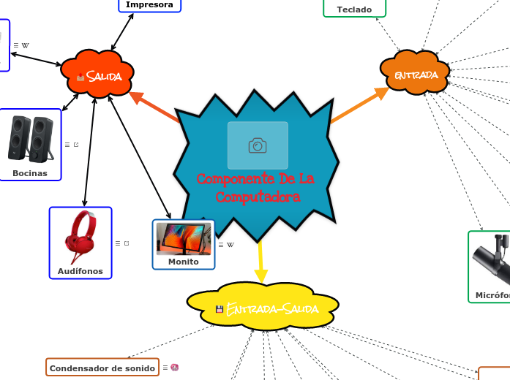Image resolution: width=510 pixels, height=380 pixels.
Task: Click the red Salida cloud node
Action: point(97,75)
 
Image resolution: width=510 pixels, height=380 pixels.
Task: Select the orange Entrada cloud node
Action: point(415,75)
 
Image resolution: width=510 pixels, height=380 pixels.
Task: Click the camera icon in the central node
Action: point(258,145)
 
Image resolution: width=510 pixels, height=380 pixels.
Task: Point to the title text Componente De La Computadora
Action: point(256,188)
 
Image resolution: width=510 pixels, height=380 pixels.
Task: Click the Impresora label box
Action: point(149,5)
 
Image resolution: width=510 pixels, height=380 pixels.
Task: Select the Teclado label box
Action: point(354,9)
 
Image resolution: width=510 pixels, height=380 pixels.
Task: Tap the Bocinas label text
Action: point(30,173)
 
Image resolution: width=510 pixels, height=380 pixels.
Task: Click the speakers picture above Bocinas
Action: point(30,139)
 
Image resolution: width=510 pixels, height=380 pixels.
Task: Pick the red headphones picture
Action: point(80,237)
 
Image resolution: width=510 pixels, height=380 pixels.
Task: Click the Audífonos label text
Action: point(80,271)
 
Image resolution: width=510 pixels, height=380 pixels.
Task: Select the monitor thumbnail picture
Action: point(184,239)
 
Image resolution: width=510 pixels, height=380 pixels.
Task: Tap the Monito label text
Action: point(184,261)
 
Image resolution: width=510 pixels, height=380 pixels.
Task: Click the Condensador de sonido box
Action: point(102,368)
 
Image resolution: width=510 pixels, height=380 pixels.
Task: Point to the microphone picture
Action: point(492,260)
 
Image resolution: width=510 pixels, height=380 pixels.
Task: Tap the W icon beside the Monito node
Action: point(230,245)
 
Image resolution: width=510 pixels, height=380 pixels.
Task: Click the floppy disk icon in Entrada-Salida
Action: point(220,309)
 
